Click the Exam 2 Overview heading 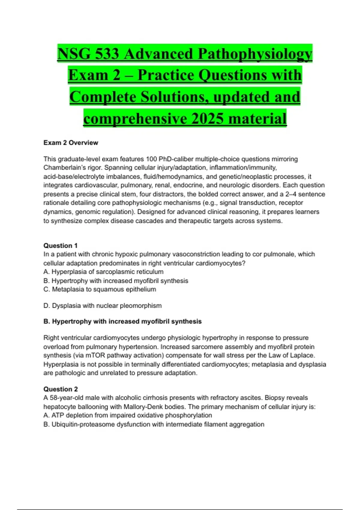(x=71, y=143)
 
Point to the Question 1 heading (x=61, y=246)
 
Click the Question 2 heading (x=61, y=389)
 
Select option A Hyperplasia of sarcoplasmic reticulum (x=103, y=272)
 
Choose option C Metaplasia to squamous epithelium (x=100, y=289)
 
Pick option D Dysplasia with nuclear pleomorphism (x=103, y=306)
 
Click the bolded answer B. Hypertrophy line (x=122, y=322)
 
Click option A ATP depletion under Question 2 (x=128, y=415)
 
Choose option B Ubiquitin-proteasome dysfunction (x=154, y=424)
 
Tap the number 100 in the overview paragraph (x=151, y=159)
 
